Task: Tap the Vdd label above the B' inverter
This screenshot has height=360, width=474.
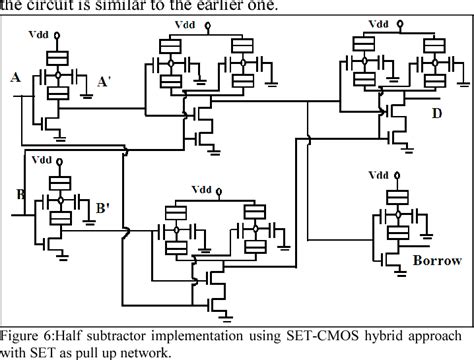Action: pos(42,159)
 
